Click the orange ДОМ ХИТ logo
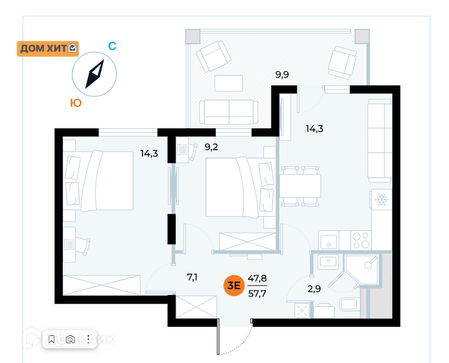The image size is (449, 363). point(49,49)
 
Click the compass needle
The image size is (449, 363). point(95,75)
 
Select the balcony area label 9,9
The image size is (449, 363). point(282,74)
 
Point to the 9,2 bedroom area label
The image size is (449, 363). point(211,148)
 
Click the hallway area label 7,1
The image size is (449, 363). point(193,277)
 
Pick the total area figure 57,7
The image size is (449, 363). point(258,294)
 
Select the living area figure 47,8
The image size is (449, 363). point(258,278)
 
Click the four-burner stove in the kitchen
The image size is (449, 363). point(360,240)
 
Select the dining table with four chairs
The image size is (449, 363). point(300,185)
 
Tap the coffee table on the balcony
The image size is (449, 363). point(228,83)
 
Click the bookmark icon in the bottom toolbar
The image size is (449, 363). point(51,339)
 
